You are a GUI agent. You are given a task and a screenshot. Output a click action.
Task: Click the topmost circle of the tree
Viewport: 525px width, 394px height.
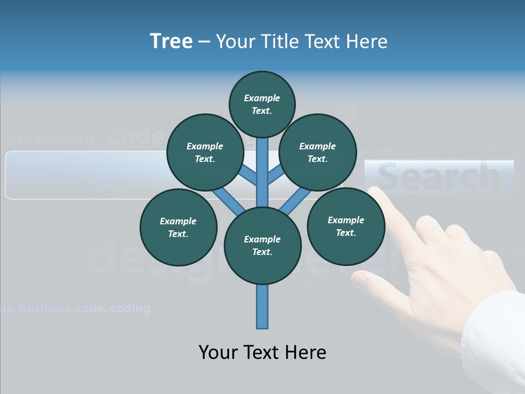(x=262, y=104)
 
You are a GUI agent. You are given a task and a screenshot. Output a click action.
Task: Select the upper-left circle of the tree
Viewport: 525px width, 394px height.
(x=205, y=152)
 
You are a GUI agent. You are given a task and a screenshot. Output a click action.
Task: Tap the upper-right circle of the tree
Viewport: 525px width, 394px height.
(x=318, y=152)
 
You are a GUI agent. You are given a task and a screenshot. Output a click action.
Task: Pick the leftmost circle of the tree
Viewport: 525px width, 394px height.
(x=178, y=227)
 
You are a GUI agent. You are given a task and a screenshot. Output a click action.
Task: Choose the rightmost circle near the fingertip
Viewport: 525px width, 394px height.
(x=346, y=226)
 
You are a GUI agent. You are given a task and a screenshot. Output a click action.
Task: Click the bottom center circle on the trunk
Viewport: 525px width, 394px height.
(x=262, y=245)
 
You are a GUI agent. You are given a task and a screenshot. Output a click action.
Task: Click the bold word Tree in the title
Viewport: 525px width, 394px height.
(x=171, y=41)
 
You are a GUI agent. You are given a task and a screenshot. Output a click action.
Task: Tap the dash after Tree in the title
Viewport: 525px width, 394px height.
(x=204, y=42)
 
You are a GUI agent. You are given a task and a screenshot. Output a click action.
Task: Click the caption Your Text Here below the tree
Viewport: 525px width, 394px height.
(x=262, y=352)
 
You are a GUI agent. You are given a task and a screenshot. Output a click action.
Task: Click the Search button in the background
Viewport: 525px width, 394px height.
(x=439, y=177)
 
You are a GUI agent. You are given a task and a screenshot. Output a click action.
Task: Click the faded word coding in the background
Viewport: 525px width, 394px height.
(x=130, y=308)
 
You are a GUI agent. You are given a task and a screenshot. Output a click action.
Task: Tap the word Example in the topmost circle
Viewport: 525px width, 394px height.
(x=262, y=98)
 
